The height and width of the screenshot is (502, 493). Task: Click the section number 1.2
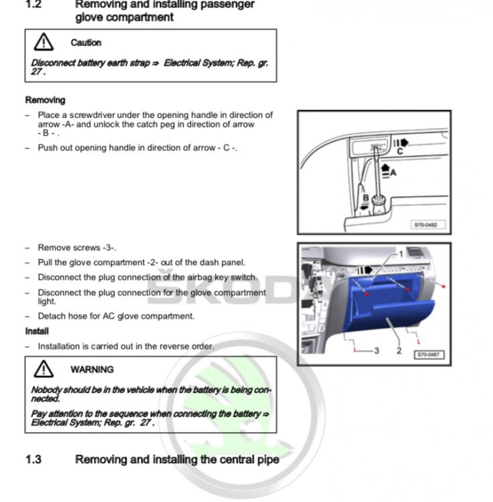pos(33,4)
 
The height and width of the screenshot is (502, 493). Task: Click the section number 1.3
pos(33,459)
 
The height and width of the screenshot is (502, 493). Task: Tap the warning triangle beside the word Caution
pos(44,42)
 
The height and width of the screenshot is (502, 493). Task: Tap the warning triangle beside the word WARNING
pos(44,369)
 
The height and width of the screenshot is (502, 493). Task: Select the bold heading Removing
pos(45,100)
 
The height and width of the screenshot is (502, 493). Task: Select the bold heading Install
pos(37,331)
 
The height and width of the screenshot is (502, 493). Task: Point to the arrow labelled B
pos(364,207)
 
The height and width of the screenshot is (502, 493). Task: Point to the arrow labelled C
pos(401,143)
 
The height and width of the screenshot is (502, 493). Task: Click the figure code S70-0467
pos(429,354)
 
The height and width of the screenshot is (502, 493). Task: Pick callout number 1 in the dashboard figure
pos(401,254)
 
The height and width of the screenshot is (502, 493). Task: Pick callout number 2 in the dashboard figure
pos(399,351)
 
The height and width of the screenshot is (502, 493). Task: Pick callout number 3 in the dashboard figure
pos(376,351)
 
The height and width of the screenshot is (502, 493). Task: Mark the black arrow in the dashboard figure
pos(365,270)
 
